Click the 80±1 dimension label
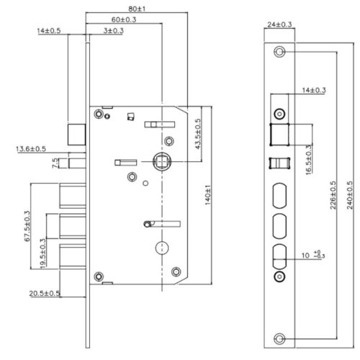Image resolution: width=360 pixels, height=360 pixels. click(x=138, y=9)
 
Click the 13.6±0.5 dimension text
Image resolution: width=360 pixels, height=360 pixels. click(x=30, y=149)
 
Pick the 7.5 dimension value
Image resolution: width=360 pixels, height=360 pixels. click(x=56, y=163)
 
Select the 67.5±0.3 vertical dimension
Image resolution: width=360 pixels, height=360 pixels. click(x=28, y=226)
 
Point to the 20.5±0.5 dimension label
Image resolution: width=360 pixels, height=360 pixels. click(x=45, y=293)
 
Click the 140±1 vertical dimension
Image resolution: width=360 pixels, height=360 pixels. click(x=207, y=194)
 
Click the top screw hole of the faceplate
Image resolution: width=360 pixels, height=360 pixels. click(x=279, y=52)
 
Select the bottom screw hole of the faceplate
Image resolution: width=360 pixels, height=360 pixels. click(x=279, y=338)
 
